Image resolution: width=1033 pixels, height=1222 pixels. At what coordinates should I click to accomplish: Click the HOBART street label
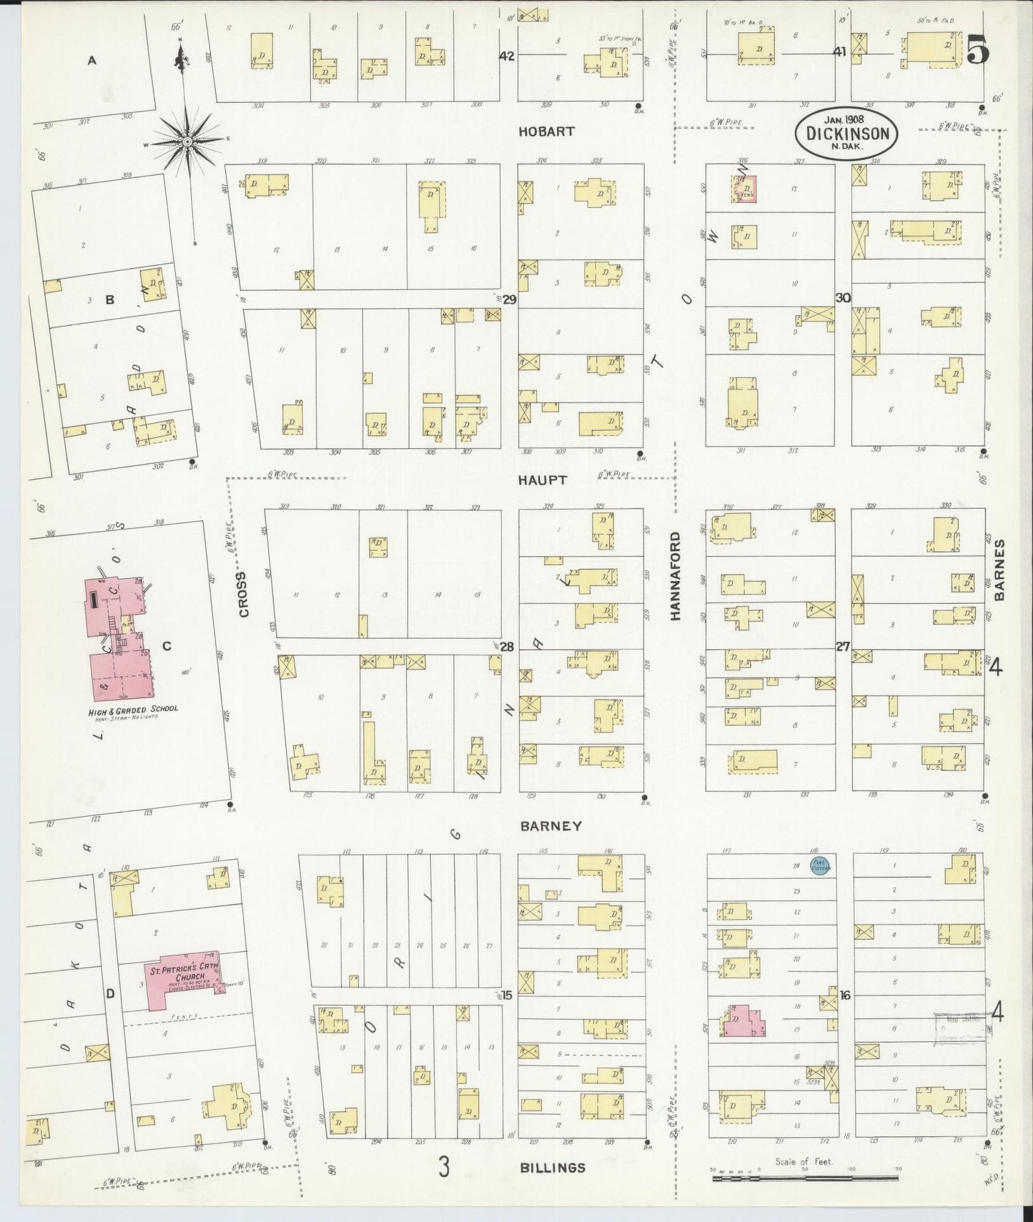tap(546, 131)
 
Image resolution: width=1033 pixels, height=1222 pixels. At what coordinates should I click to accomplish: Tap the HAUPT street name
tap(543, 480)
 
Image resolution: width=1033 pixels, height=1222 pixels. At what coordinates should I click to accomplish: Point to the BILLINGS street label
tap(553, 1168)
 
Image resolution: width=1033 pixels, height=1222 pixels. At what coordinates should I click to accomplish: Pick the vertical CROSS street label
tap(244, 594)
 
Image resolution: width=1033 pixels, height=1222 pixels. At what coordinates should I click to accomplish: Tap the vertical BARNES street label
tap(999, 569)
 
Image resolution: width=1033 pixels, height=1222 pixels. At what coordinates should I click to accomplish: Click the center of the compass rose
tap(187, 141)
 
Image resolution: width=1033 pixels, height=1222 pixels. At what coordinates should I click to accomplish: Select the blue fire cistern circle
tap(819, 866)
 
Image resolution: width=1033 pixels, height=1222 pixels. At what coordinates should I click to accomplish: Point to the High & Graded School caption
tap(133, 709)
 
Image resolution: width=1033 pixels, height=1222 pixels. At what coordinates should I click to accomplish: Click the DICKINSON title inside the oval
tap(847, 134)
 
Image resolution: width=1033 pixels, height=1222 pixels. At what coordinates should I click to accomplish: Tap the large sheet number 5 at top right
tap(979, 50)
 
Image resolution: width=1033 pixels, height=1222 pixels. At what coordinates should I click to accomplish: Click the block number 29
tap(509, 299)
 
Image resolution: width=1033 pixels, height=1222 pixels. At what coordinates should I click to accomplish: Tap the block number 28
tap(507, 647)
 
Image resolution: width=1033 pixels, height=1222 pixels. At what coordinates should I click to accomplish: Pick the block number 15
tap(507, 995)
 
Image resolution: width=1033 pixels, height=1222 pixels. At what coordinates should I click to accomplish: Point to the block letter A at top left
tap(92, 61)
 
